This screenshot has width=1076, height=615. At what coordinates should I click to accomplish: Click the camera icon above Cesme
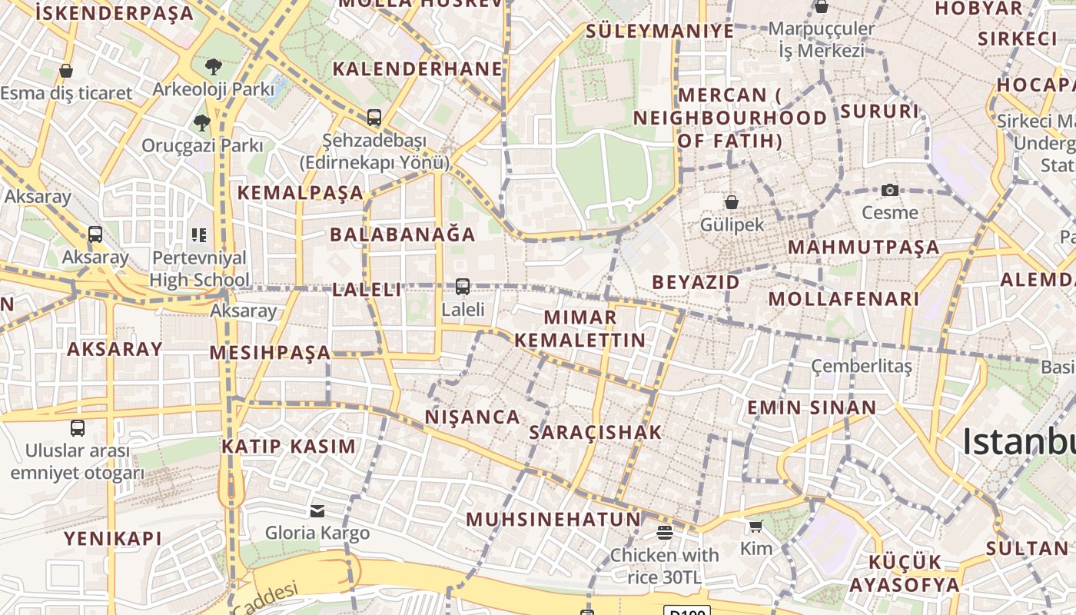coord(890,190)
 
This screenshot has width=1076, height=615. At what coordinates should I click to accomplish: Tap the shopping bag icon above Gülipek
coord(732,202)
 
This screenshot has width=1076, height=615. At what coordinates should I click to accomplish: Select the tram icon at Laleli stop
coord(462,287)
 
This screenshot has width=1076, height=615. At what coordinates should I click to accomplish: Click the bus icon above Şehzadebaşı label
coord(374,118)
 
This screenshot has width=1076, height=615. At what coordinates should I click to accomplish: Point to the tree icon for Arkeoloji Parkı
coord(214,67)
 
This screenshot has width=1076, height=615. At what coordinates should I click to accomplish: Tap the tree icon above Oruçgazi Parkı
coord(202,122)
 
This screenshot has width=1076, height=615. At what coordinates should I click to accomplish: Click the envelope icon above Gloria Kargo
coord(317,511)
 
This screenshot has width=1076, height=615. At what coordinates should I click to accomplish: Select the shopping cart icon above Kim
coord(756,527)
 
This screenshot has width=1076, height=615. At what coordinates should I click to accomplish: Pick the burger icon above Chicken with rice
coord(665,533)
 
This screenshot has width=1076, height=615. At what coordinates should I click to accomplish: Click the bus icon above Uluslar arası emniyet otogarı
coord(78,428)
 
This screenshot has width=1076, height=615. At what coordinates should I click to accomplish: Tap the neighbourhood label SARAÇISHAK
coord(596,432)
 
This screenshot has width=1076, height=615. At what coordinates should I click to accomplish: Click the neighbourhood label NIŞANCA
coord(473,417)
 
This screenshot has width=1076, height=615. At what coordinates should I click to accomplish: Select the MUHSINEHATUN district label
coord(553,519)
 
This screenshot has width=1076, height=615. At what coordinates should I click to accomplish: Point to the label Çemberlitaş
coord(862,366)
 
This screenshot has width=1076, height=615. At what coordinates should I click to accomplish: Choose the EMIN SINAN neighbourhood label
coord(812,407)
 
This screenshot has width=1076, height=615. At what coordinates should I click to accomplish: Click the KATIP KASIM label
coord(289,446)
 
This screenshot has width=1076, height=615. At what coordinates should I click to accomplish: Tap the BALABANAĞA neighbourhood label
coord(403,234)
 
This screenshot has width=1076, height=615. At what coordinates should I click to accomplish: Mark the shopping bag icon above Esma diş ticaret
coord(66,71)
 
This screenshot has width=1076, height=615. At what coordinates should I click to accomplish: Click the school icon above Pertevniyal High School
coord(199,234)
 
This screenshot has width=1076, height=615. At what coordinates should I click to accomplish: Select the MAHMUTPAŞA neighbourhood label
coord(864,248)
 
